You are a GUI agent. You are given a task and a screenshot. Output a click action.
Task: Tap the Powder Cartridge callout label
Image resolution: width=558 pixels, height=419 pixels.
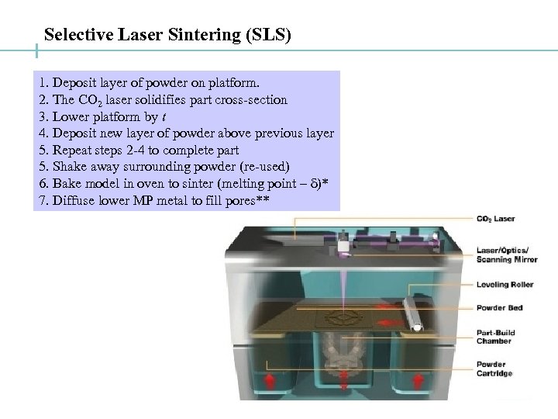point(494,369)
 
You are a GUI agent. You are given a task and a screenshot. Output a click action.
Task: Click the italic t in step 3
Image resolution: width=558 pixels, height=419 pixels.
point(164,116)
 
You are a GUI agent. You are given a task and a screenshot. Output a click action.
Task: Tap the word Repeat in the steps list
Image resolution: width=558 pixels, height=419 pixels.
point(70,150)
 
